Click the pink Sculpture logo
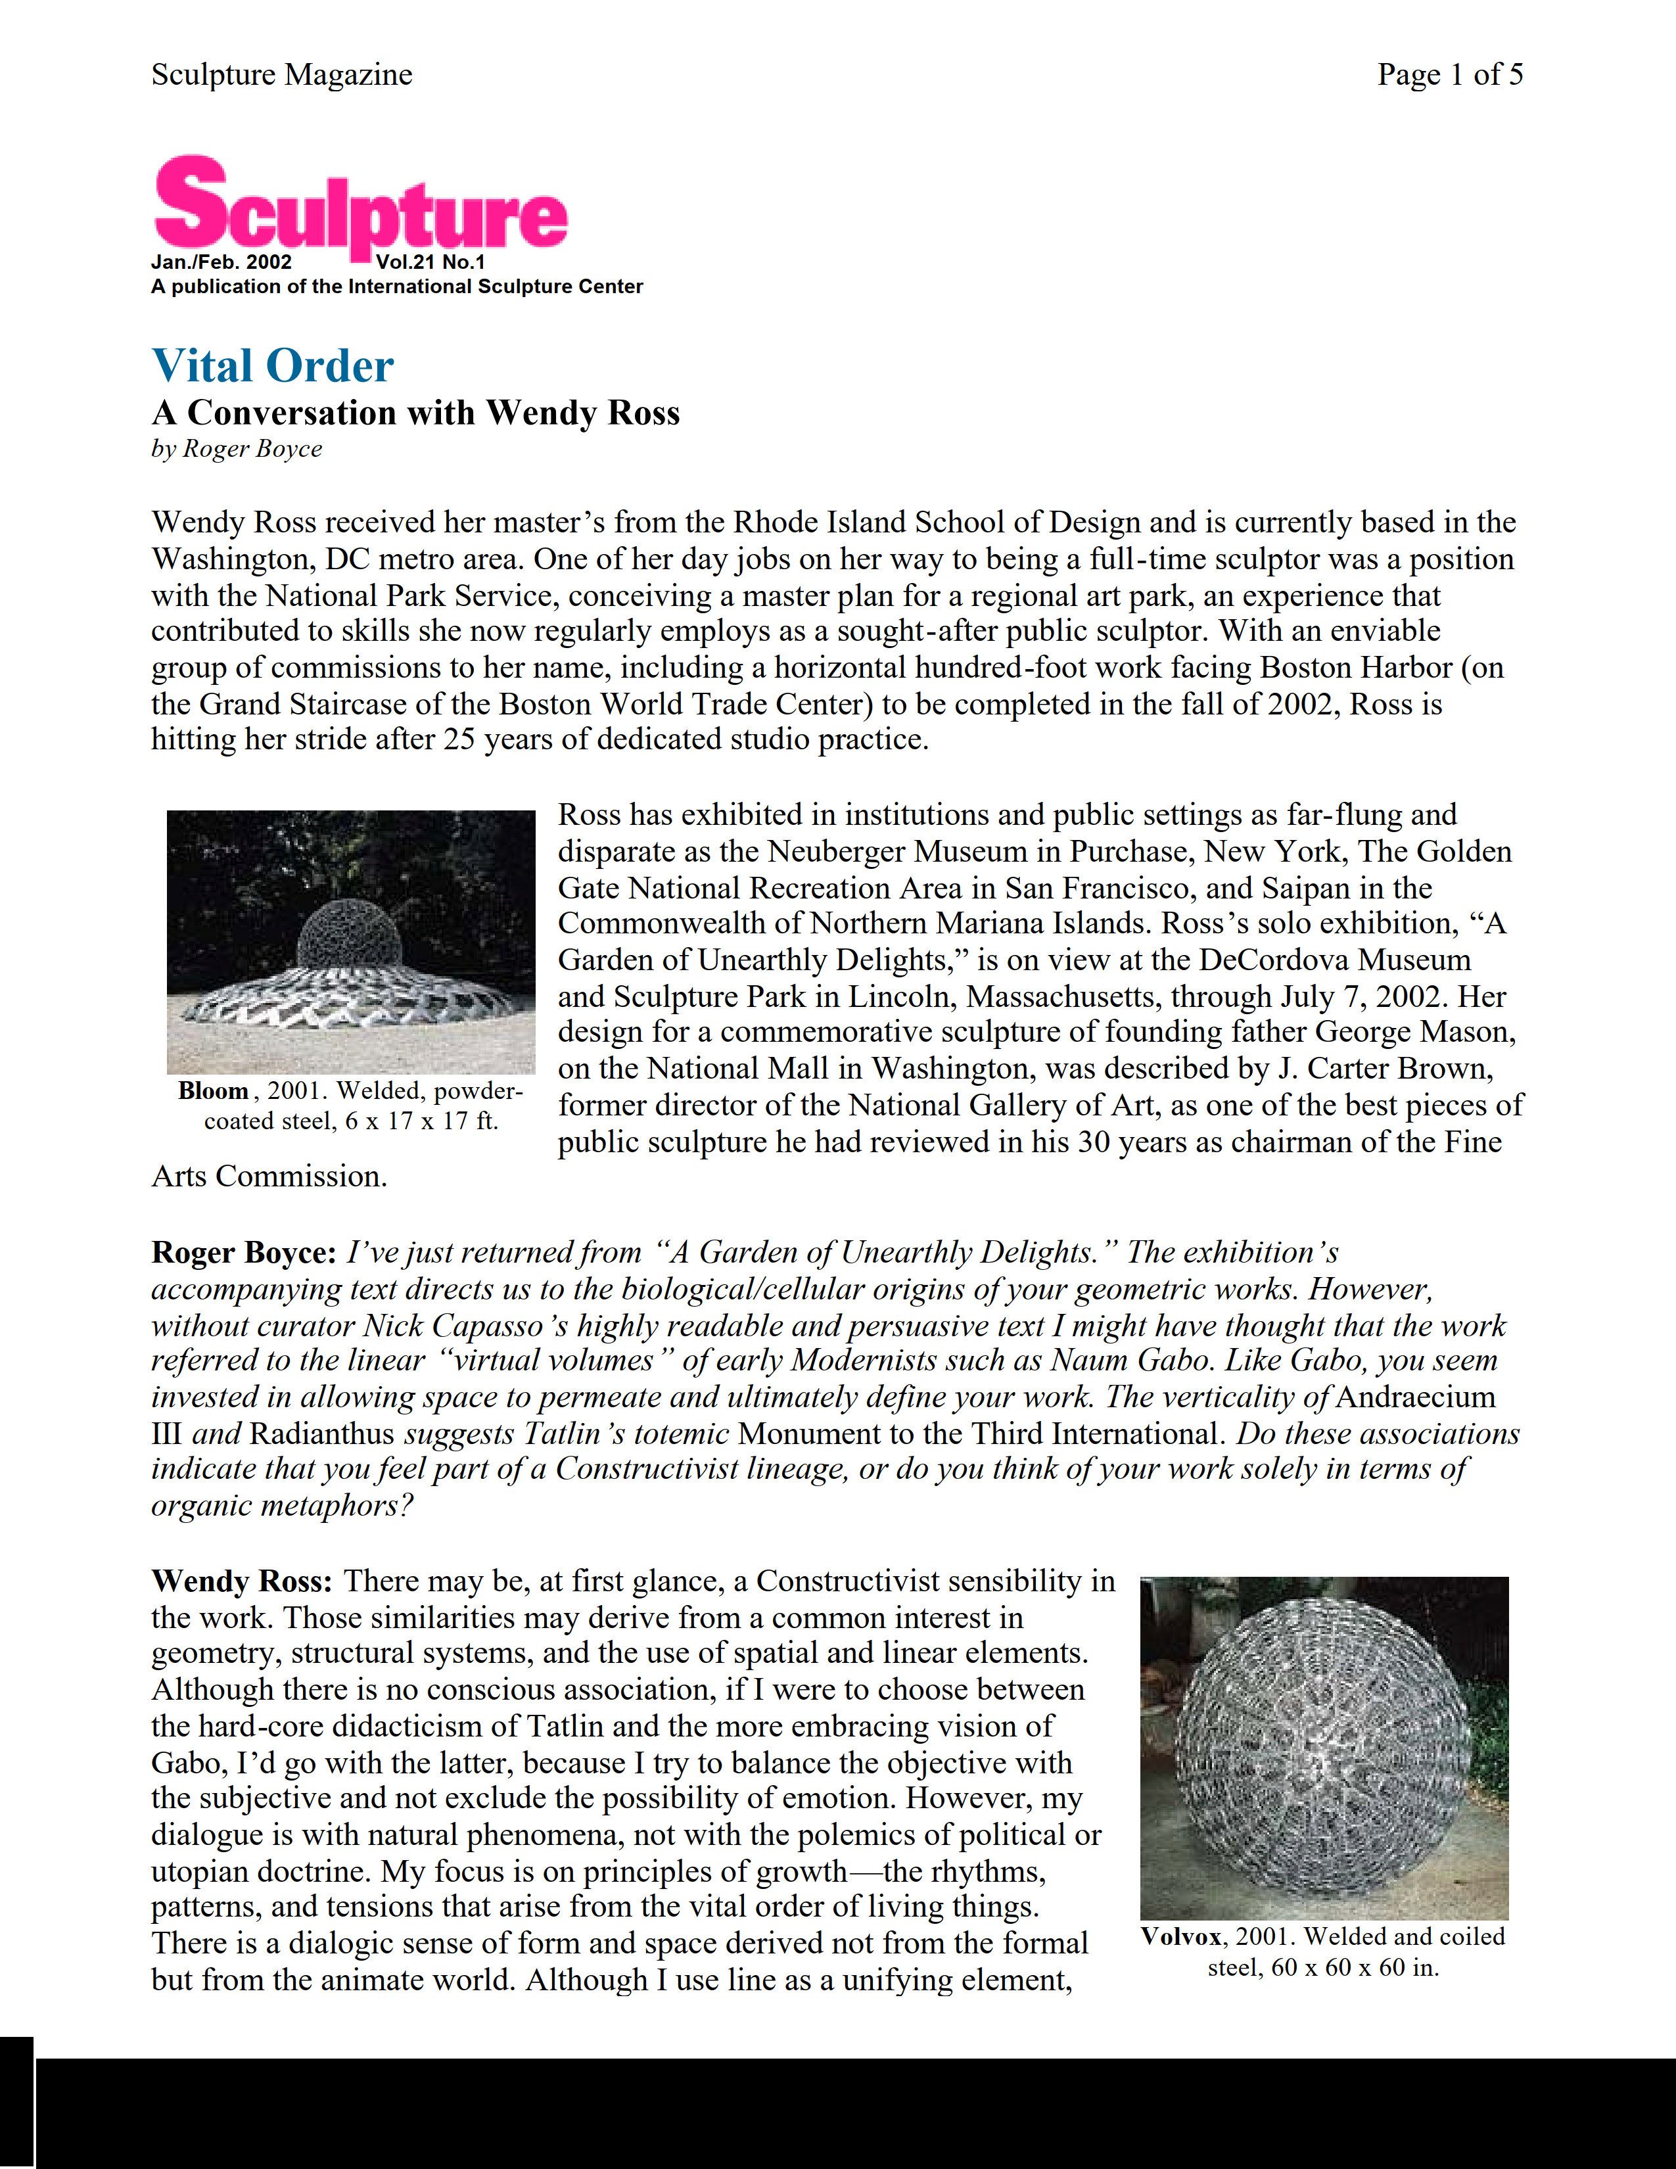pos(360,206)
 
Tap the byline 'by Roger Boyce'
pos(237,449)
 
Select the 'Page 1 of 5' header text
pos(1450,74)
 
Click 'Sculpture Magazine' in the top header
pos(281,74)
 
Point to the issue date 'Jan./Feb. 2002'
pos(221,263)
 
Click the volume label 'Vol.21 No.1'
pos(430,263)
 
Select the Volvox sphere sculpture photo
pos(1324,1748)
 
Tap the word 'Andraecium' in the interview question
pos(1416,1397)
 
